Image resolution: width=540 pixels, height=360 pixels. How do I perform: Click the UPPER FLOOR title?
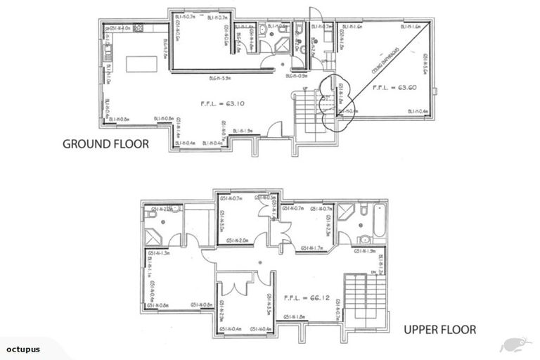click(440, 329)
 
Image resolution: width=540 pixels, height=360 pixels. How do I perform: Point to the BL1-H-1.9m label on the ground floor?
click(241, 130)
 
